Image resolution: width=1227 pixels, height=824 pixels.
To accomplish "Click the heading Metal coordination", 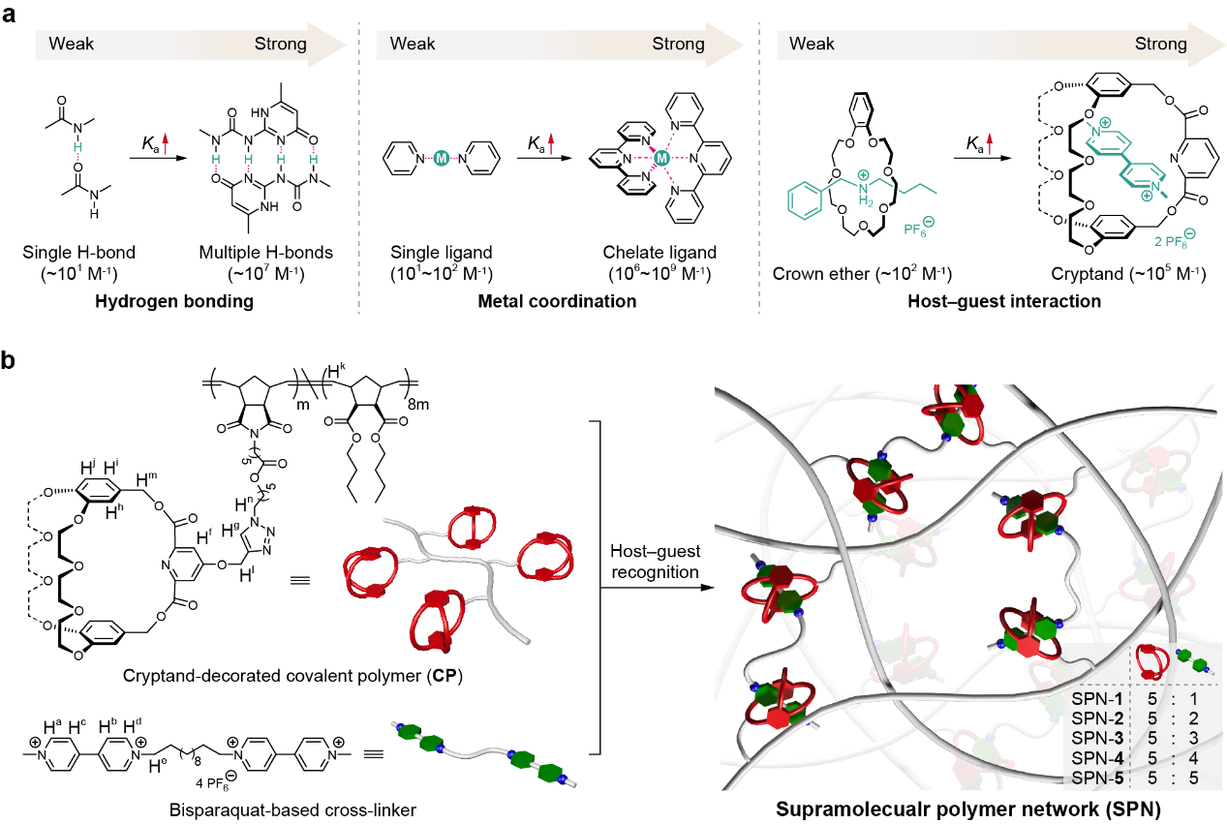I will click(x=557, y=302).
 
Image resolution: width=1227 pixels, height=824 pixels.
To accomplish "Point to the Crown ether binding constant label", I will click(x=862, y=274).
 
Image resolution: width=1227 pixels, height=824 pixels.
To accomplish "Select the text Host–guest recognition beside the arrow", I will click(x=655, y=561).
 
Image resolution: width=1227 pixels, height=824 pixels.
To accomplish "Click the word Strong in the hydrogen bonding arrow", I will click(x=280, y=45).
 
